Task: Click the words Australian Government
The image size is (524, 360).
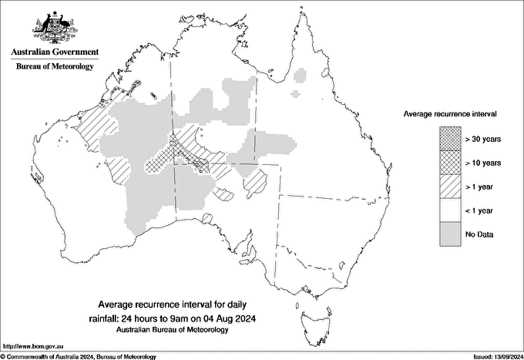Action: point(55,52)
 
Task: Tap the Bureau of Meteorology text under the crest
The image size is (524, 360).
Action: point(55,67)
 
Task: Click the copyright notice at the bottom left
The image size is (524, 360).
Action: point(78,356)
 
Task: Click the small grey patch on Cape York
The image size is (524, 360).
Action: point(301,75)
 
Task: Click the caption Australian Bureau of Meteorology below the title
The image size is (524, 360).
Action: point(184,330)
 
